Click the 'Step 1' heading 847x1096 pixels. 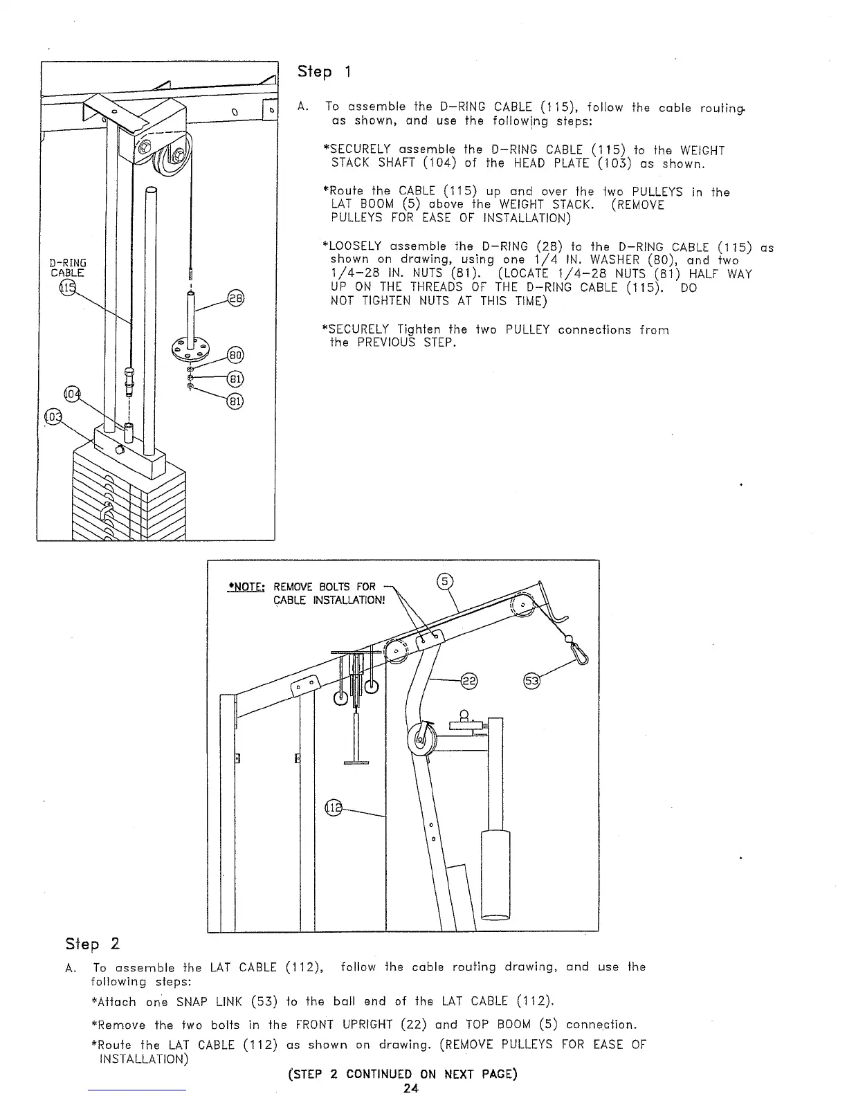coord(324,72)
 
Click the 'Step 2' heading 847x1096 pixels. coord(92,944)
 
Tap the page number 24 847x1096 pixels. coord(411,1088)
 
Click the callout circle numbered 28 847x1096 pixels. coord(235,299)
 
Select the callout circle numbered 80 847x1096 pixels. coord(235,356)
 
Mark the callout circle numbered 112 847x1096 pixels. coord(334,807)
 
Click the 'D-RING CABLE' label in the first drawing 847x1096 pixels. coord(67,268)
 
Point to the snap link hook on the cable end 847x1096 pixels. coord(578,654)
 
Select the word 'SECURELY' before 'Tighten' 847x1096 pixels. coord(360,330)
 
